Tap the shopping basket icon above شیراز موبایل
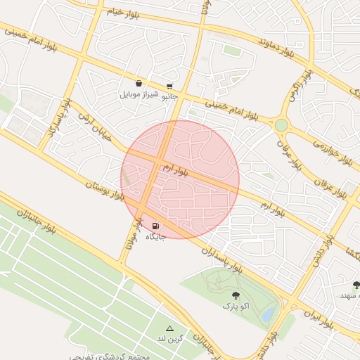pos(139,84)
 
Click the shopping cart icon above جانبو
pos(169,86)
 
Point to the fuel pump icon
pos(155,226)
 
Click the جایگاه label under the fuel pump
pos(155,237)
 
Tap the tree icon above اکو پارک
pos(235,296)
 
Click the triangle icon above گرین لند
pos(169,328)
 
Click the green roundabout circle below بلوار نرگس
pos(281,125)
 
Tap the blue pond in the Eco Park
pos(266,316)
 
